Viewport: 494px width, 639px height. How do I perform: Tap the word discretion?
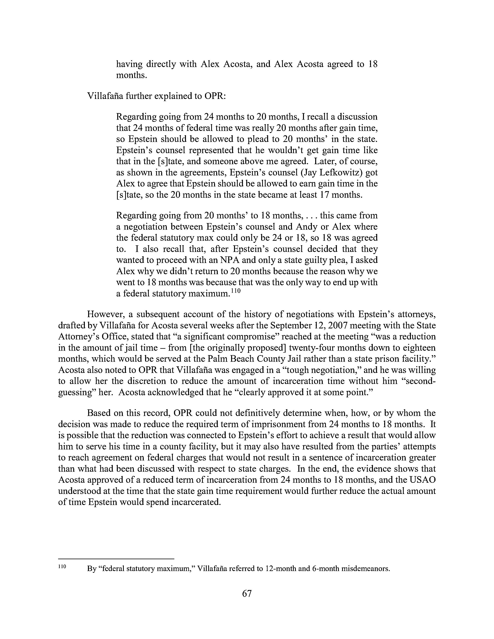(x=156, y=381)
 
